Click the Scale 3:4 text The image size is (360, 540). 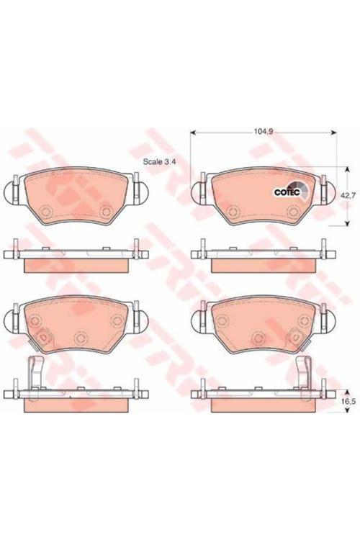pyautogui.click(x=160, y=161)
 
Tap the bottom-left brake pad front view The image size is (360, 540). pyautogui.click(x=76, y=325)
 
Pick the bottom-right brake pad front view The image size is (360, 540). pyautogui.click(x=264, y=325)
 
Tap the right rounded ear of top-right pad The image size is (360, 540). pyautogui.click(x=330, y=193)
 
